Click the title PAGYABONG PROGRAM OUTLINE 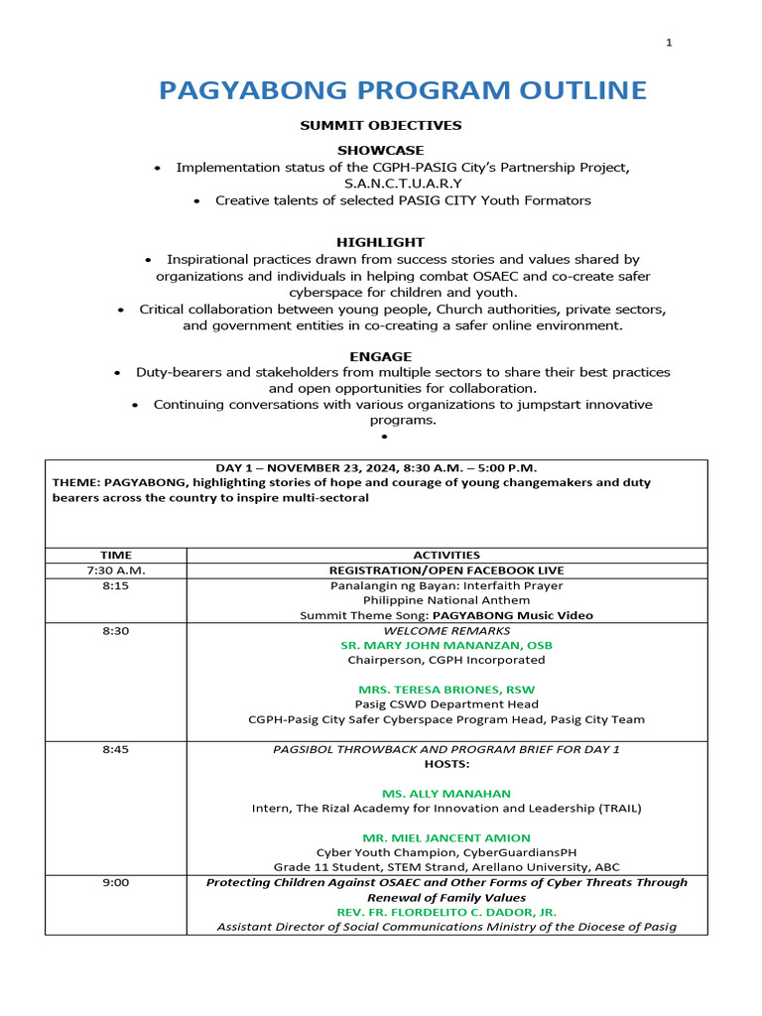tap(403, 91)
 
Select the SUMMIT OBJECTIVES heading tap(381, 126)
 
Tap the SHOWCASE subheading tap(380, 150)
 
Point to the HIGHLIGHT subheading tap(380, 242)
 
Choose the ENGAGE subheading tap(380, 356)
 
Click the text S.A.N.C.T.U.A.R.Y tap(403, 184)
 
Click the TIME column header tap(115, 556)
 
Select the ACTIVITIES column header tap(446, 556)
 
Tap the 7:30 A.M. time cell tap(115, 571)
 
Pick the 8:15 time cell tap(115, 586)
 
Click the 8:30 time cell tap(115, 630)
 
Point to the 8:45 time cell tap(115, 749)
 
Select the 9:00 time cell tap(115, 882)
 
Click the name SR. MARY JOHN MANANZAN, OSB tap(446, 645)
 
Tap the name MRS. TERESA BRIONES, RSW tap(446, 690)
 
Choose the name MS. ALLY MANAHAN tap(446, 794)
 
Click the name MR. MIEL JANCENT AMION tap(446, 838)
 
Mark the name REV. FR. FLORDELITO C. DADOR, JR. tap(446, 912)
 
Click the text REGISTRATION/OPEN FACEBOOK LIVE tap(446, 571)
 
